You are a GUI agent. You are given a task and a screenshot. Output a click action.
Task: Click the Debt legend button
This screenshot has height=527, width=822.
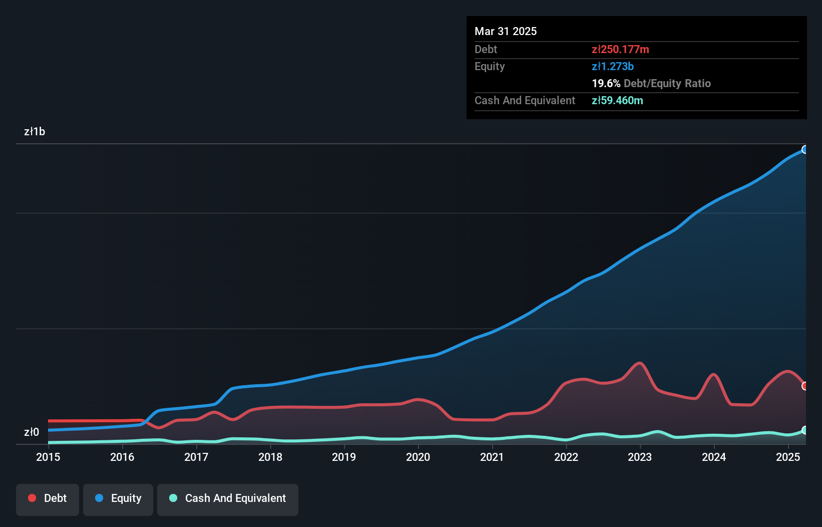(48, 498)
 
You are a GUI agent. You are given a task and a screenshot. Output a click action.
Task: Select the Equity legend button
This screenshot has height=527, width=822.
(118, 498)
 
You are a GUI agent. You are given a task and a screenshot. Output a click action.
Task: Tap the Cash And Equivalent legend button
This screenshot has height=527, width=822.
(228, 498)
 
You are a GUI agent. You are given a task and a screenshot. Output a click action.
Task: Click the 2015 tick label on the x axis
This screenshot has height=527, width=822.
(48, 457)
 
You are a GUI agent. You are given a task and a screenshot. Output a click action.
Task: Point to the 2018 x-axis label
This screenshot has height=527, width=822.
(270, 457)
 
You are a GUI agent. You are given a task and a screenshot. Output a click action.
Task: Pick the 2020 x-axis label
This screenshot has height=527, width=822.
(418, 457)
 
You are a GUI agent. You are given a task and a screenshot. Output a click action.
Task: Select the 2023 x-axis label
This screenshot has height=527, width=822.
(640, 457)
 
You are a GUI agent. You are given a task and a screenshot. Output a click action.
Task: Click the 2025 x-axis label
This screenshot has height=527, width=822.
(788, 457)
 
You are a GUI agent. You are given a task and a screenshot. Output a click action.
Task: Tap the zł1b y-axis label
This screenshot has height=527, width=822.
(35, 132)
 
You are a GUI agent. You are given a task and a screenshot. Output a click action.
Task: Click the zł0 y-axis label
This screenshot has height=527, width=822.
(32, 432)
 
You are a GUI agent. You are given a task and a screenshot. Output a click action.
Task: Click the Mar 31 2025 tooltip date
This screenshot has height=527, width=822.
(506, 31)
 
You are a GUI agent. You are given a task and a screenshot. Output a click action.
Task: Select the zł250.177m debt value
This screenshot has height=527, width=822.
(620, 49)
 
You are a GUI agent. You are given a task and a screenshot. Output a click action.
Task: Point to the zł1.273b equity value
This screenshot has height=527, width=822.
(613, 66)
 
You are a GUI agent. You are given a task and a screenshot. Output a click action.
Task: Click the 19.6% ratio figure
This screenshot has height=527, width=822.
(606, 83)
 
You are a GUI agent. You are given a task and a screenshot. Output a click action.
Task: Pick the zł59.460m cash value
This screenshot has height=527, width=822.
(617, 100)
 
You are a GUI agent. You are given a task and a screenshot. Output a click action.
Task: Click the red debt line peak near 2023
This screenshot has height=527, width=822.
(639, 363)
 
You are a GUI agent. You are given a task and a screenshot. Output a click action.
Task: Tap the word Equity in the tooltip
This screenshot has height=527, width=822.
(490, 66)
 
